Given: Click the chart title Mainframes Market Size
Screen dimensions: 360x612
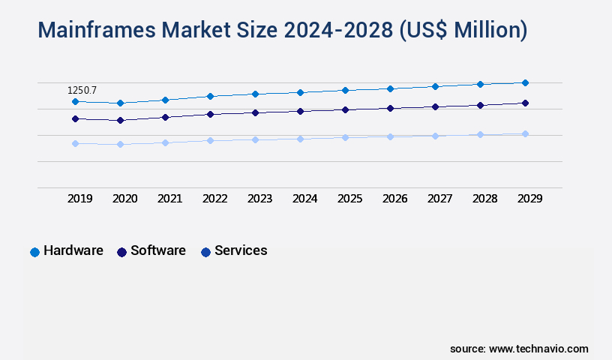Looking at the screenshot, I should [282, 30].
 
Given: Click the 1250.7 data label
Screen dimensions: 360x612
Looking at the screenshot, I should [82, 90].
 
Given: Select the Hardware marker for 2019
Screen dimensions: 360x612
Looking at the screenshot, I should [75, 101].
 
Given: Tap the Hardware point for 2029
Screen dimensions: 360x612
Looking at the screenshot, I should [525, 82].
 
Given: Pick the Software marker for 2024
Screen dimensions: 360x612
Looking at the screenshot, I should [300, 111].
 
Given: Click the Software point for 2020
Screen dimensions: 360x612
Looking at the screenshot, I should [120, 120].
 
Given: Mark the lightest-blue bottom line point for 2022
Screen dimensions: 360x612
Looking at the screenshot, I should [210, 140].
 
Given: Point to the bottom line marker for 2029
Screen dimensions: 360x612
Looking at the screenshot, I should [525, 133].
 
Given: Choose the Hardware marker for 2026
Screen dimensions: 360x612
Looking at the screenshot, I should [390, 88].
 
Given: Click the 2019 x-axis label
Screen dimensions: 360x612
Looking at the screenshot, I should [80, 199].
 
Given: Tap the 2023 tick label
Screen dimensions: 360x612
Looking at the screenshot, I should [260, 199].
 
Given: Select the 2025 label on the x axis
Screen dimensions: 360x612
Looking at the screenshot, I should [350, 199].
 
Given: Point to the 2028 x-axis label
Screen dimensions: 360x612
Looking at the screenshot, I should [485, 199].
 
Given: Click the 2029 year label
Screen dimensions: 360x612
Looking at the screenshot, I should [529, 199].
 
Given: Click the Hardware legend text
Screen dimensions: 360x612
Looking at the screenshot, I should [73, 250].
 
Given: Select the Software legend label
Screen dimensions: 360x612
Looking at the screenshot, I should [158, 250].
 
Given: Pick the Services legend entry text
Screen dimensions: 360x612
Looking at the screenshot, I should [241, 250].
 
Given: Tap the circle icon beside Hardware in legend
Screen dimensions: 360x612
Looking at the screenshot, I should [34, 252].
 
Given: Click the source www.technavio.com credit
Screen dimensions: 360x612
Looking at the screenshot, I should [519, 349].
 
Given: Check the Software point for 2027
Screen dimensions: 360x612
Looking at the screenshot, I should [435, 106].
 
